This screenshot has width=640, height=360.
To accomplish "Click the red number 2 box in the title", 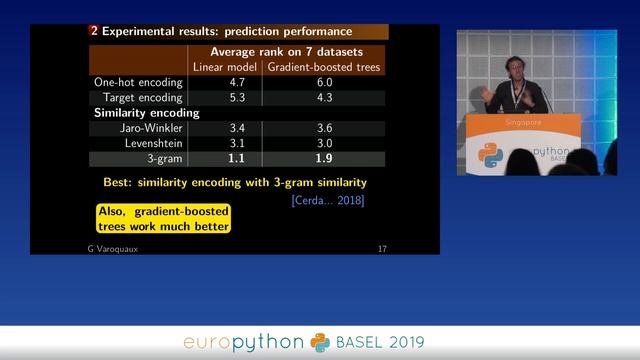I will pos(94,31).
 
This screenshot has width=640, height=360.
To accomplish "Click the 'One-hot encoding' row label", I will pos(137,83).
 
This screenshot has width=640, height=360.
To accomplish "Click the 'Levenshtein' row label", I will pos(152,143).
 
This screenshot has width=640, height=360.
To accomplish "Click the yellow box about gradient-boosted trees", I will pos(164,219).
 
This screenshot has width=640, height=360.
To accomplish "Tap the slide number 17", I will pos(381,247).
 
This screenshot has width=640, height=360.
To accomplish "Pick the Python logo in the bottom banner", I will pos(319,342).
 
